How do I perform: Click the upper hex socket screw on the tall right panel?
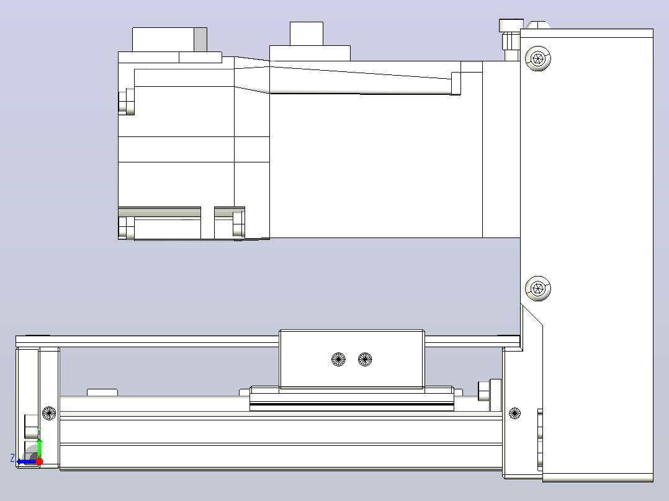click(x=537, y=58)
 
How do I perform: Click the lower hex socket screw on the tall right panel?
click(x=537, y=288)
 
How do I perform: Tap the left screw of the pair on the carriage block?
click(x=338, y=359)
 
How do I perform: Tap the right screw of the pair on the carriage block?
click(x=365, y=359)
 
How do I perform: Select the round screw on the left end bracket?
click(x=50, y=413)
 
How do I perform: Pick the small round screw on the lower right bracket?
click(x=514, y=413)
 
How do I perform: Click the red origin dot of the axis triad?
click(x=39, y=461)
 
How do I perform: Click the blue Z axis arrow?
click(x=27, y=462)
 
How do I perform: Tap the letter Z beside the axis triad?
click(x=12, y=458)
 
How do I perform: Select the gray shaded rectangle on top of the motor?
click(x=200, y=40)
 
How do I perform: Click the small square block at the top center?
click(x=307, y=33)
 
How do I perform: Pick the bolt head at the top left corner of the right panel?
click(x=511, y=25)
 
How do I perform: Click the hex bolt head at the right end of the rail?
click(x=483, y=391)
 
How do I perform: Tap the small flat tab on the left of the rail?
click(x=102, y=392)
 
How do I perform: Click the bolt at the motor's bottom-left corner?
click(x=127, y=228)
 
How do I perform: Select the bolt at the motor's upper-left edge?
click(x=127, y=102)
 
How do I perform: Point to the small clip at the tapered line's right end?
click(x=456, y=83)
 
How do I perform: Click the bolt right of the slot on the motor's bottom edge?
click(x=239, y=223)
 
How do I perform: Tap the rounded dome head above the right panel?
click(x=537, y=25)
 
